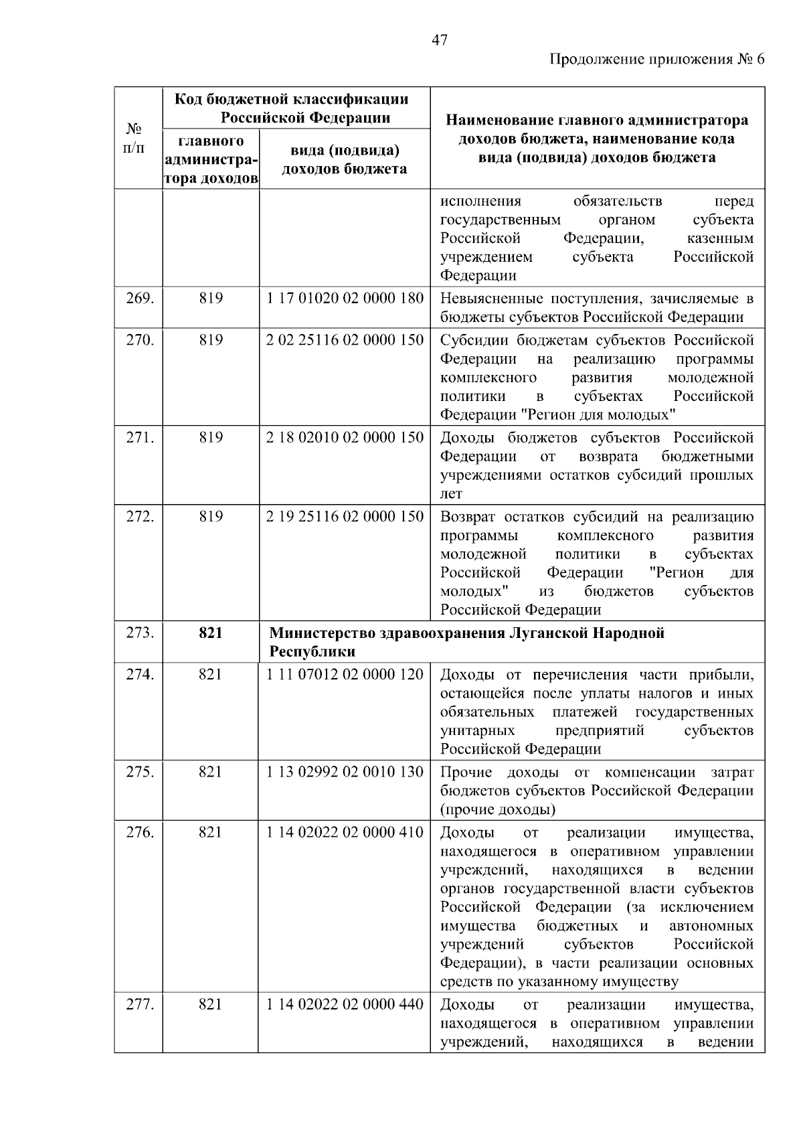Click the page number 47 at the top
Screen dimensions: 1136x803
tap(439, 40)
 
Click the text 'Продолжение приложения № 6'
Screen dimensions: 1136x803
tap(656, 60)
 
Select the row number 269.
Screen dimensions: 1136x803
tap(140, 299)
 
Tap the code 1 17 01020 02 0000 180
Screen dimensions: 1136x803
tap(345, 299)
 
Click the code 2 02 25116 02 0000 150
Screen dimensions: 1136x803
tap(345, 340)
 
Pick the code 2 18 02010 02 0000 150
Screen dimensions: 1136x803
tap(345, 438)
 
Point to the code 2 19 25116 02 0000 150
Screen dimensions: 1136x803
tap(345, 517)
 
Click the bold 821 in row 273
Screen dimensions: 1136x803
tap(210, 633)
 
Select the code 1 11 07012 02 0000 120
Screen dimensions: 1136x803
tap(345, 675)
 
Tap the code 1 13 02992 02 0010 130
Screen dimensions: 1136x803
tap(345, 773)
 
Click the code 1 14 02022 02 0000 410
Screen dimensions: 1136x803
tap(345, 833)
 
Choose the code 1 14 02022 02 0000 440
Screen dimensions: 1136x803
tap(345, 1005)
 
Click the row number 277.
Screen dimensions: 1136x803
tap(140, 1005)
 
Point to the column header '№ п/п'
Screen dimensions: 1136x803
tap(135, 137)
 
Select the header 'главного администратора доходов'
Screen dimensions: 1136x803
tap(210, 160)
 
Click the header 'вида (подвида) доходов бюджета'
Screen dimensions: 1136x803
tap(344, 159)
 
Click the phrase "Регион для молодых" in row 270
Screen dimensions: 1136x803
tap(598, 415)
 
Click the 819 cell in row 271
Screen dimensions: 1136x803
tap(210, 438)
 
